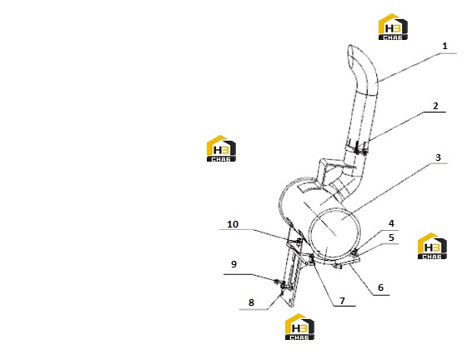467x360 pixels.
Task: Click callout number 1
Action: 444,46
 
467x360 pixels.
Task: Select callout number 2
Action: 435,106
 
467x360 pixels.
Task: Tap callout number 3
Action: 438,157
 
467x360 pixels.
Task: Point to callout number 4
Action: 391,223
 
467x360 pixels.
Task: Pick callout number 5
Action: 391,237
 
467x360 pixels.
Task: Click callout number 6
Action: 380,287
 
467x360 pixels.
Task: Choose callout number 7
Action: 342,301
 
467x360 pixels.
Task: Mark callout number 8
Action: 251,302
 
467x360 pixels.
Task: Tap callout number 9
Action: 233,264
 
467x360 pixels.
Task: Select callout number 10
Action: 233,224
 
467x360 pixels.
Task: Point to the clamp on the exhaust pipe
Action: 358,147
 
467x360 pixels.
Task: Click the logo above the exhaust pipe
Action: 393,27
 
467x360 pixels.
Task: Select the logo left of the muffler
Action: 221,148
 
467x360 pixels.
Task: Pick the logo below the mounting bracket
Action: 299,327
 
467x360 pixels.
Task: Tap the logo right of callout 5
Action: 432,246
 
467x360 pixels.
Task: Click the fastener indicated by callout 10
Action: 299,242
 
